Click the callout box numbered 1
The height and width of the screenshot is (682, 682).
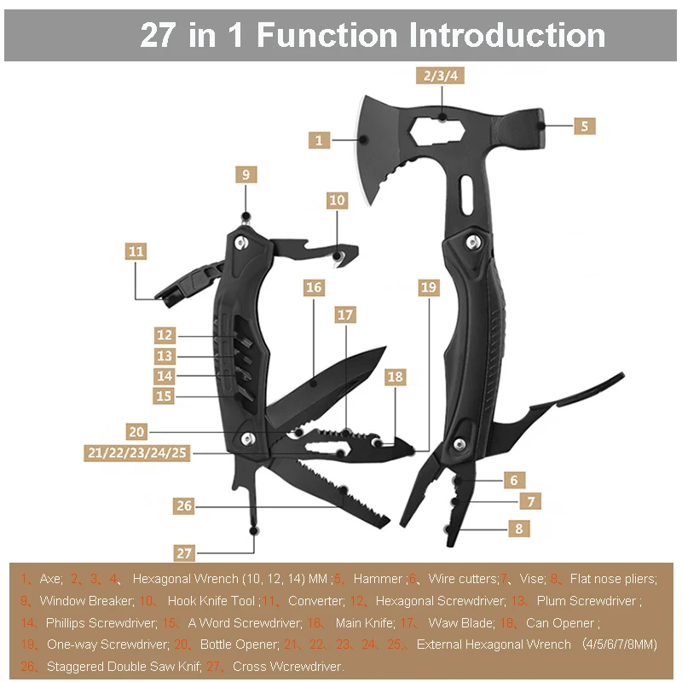pyautogui.click(x=319, y=139)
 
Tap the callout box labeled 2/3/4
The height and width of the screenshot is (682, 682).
pyautogui.click(x=441, y=75)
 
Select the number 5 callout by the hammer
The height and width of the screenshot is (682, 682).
pyautogui.click(x=584, y=125)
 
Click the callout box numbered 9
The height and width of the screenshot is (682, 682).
pyautogui.click(x=246, y=174)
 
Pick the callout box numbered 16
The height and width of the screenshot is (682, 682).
pyautogui.click(x=314, y=287)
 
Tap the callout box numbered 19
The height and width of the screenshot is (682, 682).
pyautogui.click(x=428, y=287)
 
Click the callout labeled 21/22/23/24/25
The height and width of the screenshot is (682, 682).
pyautogui.click(x=137, y=453)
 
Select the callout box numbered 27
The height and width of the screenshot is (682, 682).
pyautogui.click(x=185, y=552)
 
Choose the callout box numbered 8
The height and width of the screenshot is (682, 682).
pyautogui.click(x=518, y=529)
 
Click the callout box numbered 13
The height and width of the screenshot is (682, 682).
pyautogui.click(x=165, y=355)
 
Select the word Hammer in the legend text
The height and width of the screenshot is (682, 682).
pyautogui.click(x=377, y=579)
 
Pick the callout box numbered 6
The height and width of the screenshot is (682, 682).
pyautogui.click(x=514, y=480)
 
